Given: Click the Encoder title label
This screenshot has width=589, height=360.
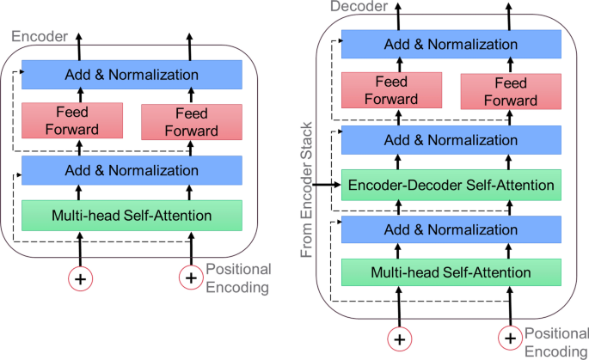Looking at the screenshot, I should click(x=30, y=38).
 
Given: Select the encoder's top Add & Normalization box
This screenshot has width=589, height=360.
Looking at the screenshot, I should click(x=132, y=75).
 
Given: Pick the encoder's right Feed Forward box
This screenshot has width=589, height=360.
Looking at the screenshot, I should click(x=191, y=121).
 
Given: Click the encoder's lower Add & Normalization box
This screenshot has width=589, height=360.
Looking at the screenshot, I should click(x=132, y=170).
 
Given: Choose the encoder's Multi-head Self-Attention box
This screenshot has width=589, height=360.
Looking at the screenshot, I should click(x=132, y=214).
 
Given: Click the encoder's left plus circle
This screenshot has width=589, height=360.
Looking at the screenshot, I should click(x=81, y=278).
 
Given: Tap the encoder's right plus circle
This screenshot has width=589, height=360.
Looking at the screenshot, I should click(x=191, y=278).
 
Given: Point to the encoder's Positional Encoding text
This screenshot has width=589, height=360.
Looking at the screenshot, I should click(x=237, y=278).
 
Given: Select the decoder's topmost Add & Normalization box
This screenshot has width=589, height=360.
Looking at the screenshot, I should click(x=451, y=43).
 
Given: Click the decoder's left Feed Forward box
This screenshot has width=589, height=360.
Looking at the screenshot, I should click(x=391, y=90).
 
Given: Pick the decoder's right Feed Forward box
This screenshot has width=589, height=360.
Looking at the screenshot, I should click(x=511, y=90).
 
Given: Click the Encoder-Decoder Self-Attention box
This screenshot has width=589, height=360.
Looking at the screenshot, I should click(x=451, y=183).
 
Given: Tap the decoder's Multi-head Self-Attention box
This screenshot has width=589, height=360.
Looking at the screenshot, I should click(x=451, y=272).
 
